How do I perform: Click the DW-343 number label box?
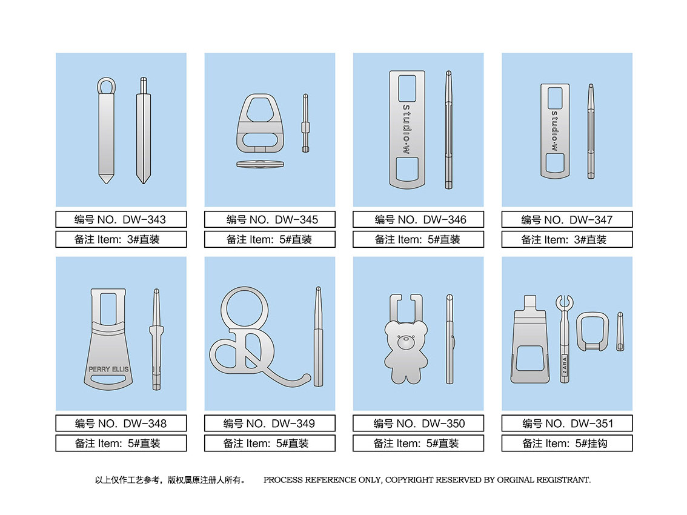coord(121,219)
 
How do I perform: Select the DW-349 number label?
coord(270,423)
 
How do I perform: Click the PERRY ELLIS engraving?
coord(108,369)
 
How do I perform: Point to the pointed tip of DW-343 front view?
coord(107,183)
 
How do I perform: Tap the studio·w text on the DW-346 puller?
coord(407,129)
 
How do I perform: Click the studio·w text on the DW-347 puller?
coord(555,131)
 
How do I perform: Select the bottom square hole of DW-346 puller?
coord(407,169)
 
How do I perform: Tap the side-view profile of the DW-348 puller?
coord(156,339)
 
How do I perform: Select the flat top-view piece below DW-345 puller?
coord(261,164)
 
